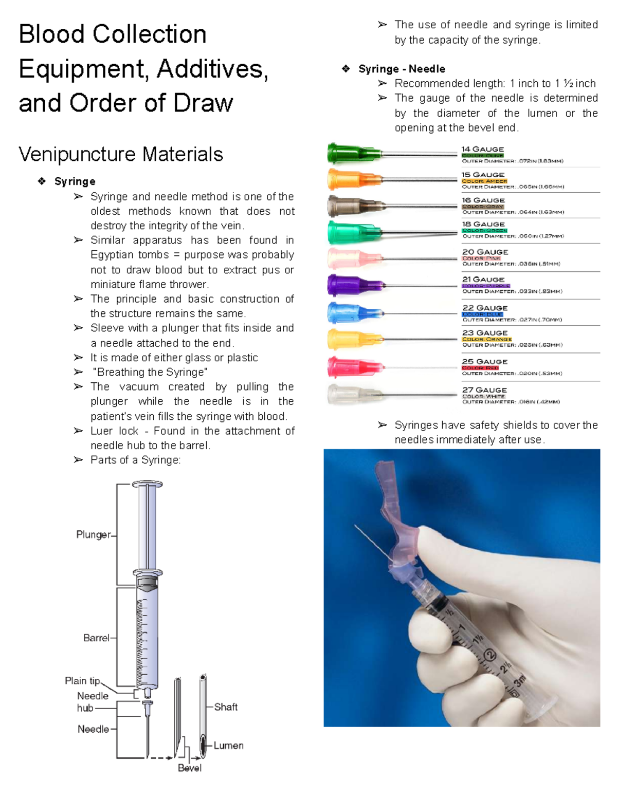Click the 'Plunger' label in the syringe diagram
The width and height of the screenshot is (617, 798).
pyautogui.click(x=93, y=534)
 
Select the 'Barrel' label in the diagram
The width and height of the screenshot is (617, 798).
pyautogui.click(x=96, y=638)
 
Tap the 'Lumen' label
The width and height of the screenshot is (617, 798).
pyautogui.click(x=228, y=745)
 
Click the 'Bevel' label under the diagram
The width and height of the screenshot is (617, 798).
pyautogui.click(x=189, y=768)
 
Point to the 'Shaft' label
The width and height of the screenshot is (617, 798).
pyautogui.click(x=226, y=707)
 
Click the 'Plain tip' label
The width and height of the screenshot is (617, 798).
pyautogui.click(x=82, y=680)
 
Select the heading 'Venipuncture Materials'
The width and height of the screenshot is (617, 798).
pyautogui.click(x=121, y=154)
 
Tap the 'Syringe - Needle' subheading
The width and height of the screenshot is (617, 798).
pyautogui.click(x=402, y=69)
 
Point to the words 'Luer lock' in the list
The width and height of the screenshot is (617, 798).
pyautogui.click(x=114, y=431)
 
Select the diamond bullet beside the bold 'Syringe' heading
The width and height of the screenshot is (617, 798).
pyautogui.click(x=42, y=181)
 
